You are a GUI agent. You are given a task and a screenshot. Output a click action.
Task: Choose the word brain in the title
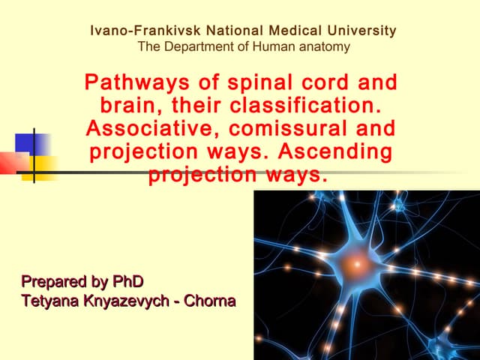(123, 105)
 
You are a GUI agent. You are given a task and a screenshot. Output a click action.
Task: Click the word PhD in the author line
(127, 282)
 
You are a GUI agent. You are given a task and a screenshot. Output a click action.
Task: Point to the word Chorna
(213, 301)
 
